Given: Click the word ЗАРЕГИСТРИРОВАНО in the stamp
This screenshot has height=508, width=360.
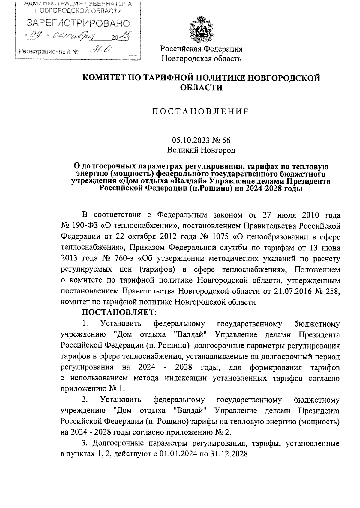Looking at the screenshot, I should pyautogui.click(x=79, y=24).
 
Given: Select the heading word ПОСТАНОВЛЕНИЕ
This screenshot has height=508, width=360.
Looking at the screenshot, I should pyautogui.click(x=201, y=112).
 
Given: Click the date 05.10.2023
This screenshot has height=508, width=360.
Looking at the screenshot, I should pyautogui.click(x=188, y=140).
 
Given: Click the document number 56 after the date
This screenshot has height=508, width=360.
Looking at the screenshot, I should pyautogui.click(x=226, y=140).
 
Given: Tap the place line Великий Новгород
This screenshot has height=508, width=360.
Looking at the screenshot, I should pyautogui.click(x=201, y=150).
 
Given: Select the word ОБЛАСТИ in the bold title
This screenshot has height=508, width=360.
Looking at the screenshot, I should pyautogui.click(x=201, y=88).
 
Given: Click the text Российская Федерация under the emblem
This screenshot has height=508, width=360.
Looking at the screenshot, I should pyautogui.click(x=201, y=49).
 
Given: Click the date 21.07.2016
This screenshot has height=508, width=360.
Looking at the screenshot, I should pyautogui.click(x=291, y=291).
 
